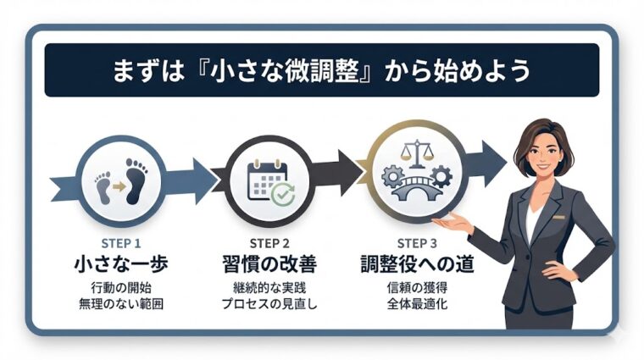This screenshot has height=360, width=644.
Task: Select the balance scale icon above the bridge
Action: coord(415,154)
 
